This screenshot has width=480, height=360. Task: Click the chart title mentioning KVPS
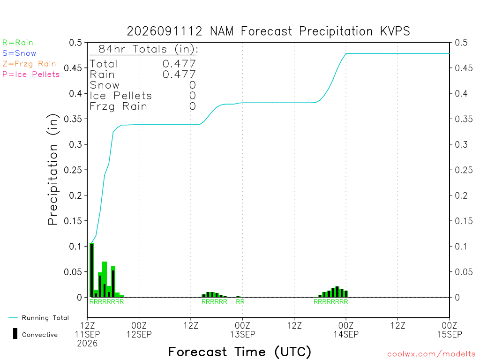pos(268,31)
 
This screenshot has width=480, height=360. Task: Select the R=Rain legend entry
pos(18,43)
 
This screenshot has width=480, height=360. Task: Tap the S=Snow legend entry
pos(19,53)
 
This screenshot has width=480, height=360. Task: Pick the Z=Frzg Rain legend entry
pos(30,64)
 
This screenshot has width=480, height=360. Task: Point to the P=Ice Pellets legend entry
pos(31,75)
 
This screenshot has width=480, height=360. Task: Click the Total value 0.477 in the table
pos(179,64)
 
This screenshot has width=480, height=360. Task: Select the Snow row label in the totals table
pos(105,85)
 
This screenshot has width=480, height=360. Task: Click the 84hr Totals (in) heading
pos(148,49)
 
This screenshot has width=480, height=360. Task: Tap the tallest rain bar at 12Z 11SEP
pos(91,270)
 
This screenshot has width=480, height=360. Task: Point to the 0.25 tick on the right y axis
pos(464,170)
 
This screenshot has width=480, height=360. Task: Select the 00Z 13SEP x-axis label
pos(242,330)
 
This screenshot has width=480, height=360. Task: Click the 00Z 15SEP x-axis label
pos(450,330)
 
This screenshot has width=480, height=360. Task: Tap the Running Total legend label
pos(45,318)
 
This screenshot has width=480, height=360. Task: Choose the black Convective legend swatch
pos(15,334)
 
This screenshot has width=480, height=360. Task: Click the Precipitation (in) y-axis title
pos(52,170)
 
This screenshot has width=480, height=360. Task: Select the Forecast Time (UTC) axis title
pos(240,352)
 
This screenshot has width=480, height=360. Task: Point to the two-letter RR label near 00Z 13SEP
pos(240,301)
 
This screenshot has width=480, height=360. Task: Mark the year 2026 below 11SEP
pos(87,344)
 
